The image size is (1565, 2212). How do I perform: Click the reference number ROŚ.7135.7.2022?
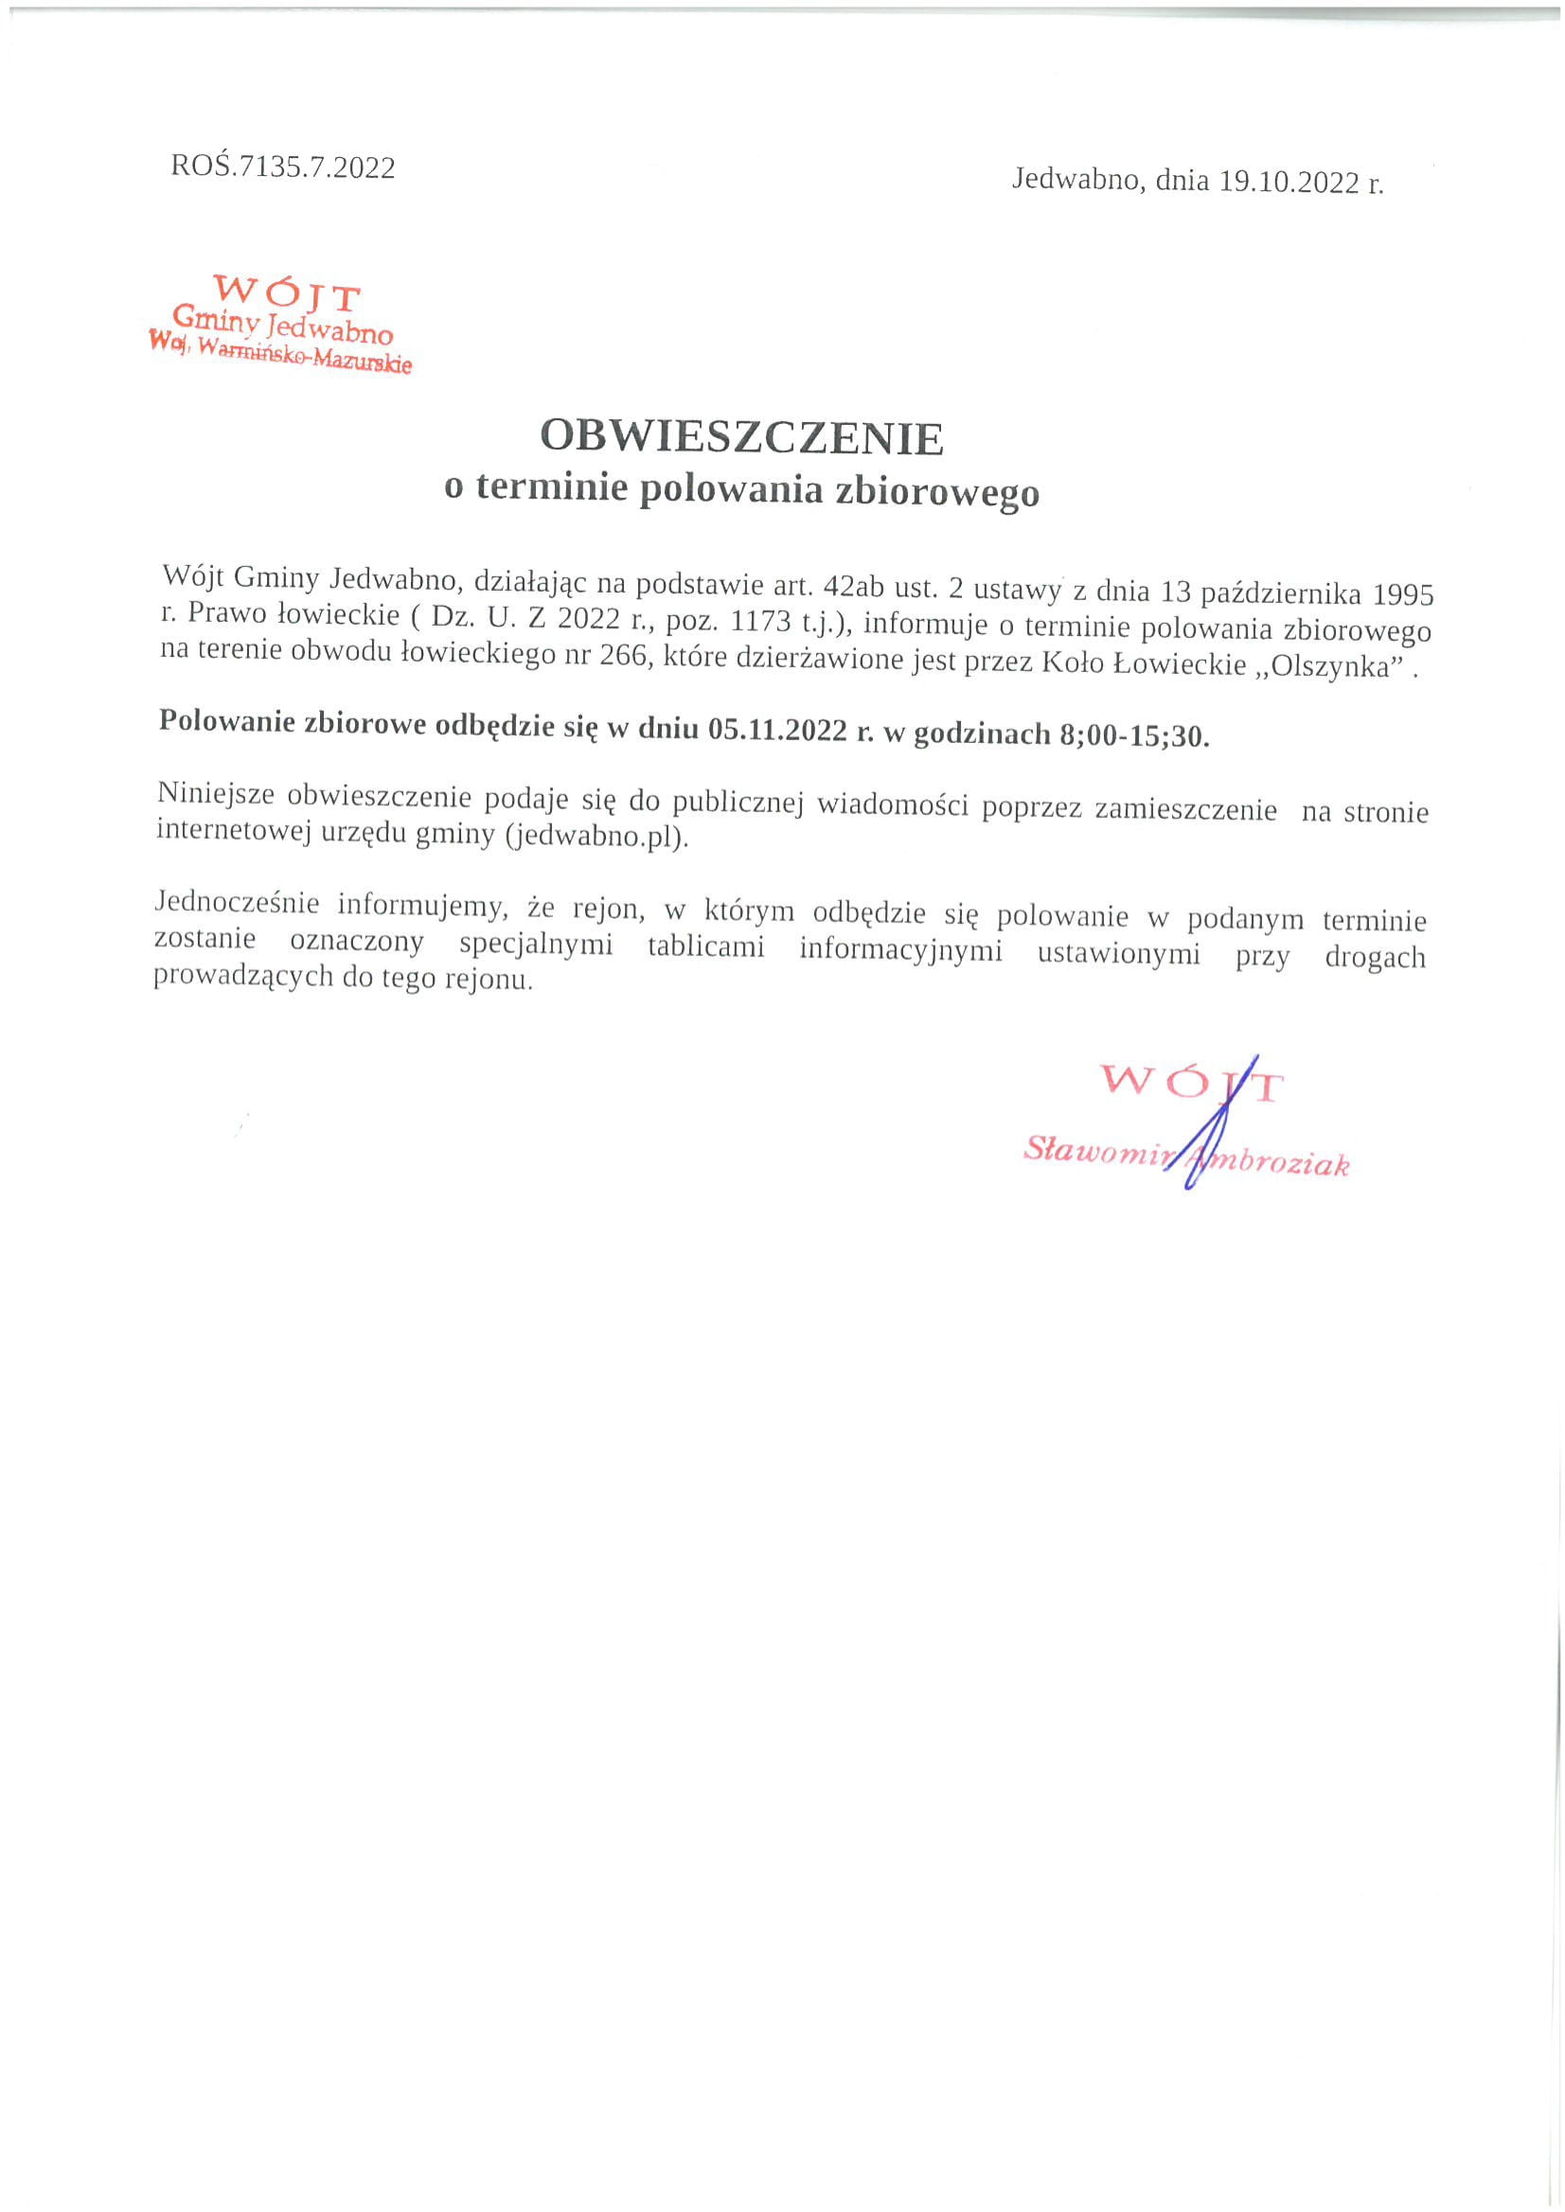282,167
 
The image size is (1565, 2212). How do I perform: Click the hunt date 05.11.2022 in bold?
776,730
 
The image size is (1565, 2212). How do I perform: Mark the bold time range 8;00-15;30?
1133,735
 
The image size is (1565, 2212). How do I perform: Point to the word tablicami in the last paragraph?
705,947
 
